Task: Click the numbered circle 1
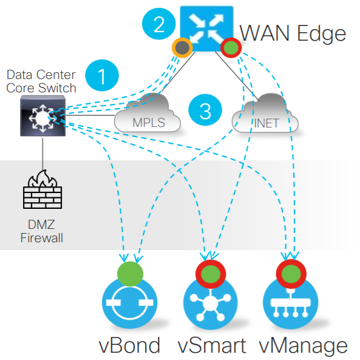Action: [x=101, y=76]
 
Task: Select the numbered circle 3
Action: [x=205, y=110]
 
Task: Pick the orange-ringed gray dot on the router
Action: [x=182, y=48]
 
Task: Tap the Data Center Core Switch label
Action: [x=41, y=81]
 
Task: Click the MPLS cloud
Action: [x=149, y=114]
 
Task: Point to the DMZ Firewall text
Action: [x=42, y=231]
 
